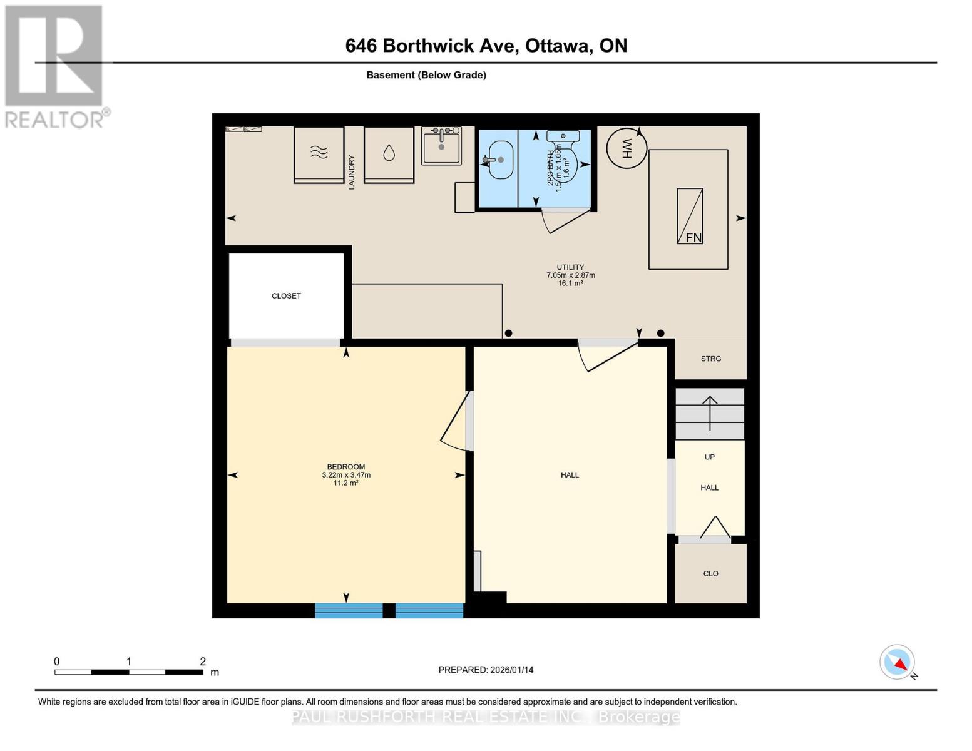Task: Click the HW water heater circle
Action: point(627,148)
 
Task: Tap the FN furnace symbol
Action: point(690,216)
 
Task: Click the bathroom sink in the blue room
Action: point(500,160)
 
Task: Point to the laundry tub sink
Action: point(441,146)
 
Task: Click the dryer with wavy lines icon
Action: point(319,154)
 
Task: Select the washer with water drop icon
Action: point(389,154)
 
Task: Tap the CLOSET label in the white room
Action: point(286,296)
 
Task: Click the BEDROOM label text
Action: point(345,467)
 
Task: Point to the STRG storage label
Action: point(710,359)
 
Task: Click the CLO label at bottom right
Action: point(710,573)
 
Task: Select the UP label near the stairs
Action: point(709,457)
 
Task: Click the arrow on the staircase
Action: point(710,413)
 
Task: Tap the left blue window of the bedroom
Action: point(349,610)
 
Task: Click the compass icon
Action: point(898,662)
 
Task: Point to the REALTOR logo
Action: point(55,66)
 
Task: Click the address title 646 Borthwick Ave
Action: point(486,46)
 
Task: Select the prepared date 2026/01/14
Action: point(486,670)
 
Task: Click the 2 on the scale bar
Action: point(202,662)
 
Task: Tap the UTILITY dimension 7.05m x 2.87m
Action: point(570,275)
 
